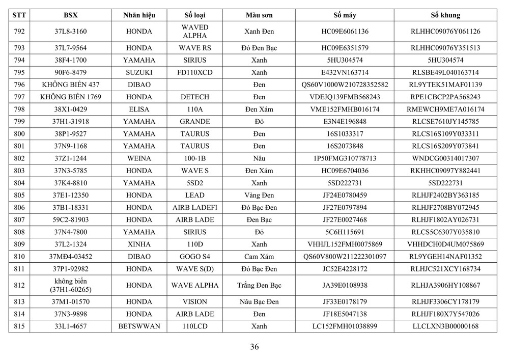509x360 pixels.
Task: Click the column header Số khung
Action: pos(445,15)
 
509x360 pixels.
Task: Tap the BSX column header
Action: pos(70,15)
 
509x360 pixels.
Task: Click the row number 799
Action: pos(19,122)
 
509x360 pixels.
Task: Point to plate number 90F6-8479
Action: pos(70,72)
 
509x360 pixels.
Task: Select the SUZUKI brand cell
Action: pos(139,72)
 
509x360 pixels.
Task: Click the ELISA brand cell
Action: pos(139,109)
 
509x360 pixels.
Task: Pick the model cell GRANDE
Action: pos(194,122)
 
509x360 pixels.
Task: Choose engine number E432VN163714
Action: pos(345,72)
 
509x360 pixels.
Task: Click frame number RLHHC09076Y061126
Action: pos(445,32)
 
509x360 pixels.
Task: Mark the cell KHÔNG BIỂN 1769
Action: pos(70,97)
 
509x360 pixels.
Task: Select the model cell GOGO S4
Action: pos(194,256)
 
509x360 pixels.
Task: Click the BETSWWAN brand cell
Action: pos(139,326)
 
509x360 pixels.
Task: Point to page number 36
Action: pos(254,347)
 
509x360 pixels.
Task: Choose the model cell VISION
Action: pos(194,302)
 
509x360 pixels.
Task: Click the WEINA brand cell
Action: pos(139,158)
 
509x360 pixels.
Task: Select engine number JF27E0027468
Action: pos(345,219)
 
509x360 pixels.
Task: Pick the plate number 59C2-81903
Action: pos(70,219)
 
